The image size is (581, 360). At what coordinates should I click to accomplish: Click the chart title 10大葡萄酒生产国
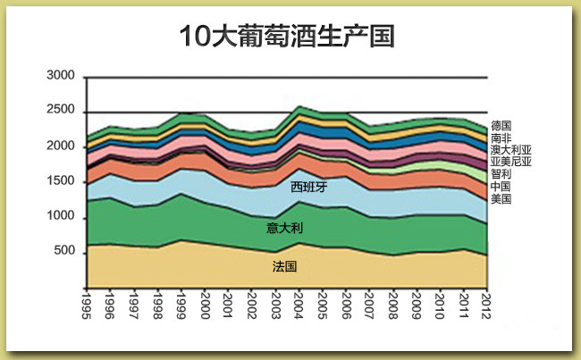[x=287, y=37]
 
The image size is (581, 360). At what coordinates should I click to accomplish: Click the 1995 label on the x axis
[x=87, y=304]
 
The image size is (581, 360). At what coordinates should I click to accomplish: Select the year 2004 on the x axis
[x=299, y=304]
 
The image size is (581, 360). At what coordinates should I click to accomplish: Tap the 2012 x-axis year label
[x=486, y=304]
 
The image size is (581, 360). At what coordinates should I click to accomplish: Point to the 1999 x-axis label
[x=181, y=304]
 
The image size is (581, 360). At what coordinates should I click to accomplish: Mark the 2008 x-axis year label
[x=392, y=304]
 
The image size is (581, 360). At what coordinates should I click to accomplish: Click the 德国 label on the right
[x=501, y=126]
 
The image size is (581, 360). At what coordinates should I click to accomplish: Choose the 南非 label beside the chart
[x=501, y=138]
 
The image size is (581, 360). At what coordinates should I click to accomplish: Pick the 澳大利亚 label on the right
[x=511, y=150]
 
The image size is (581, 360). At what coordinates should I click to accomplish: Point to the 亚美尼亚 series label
[x=511, y=163]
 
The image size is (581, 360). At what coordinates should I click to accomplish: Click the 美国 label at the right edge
[x=501, y=199]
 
